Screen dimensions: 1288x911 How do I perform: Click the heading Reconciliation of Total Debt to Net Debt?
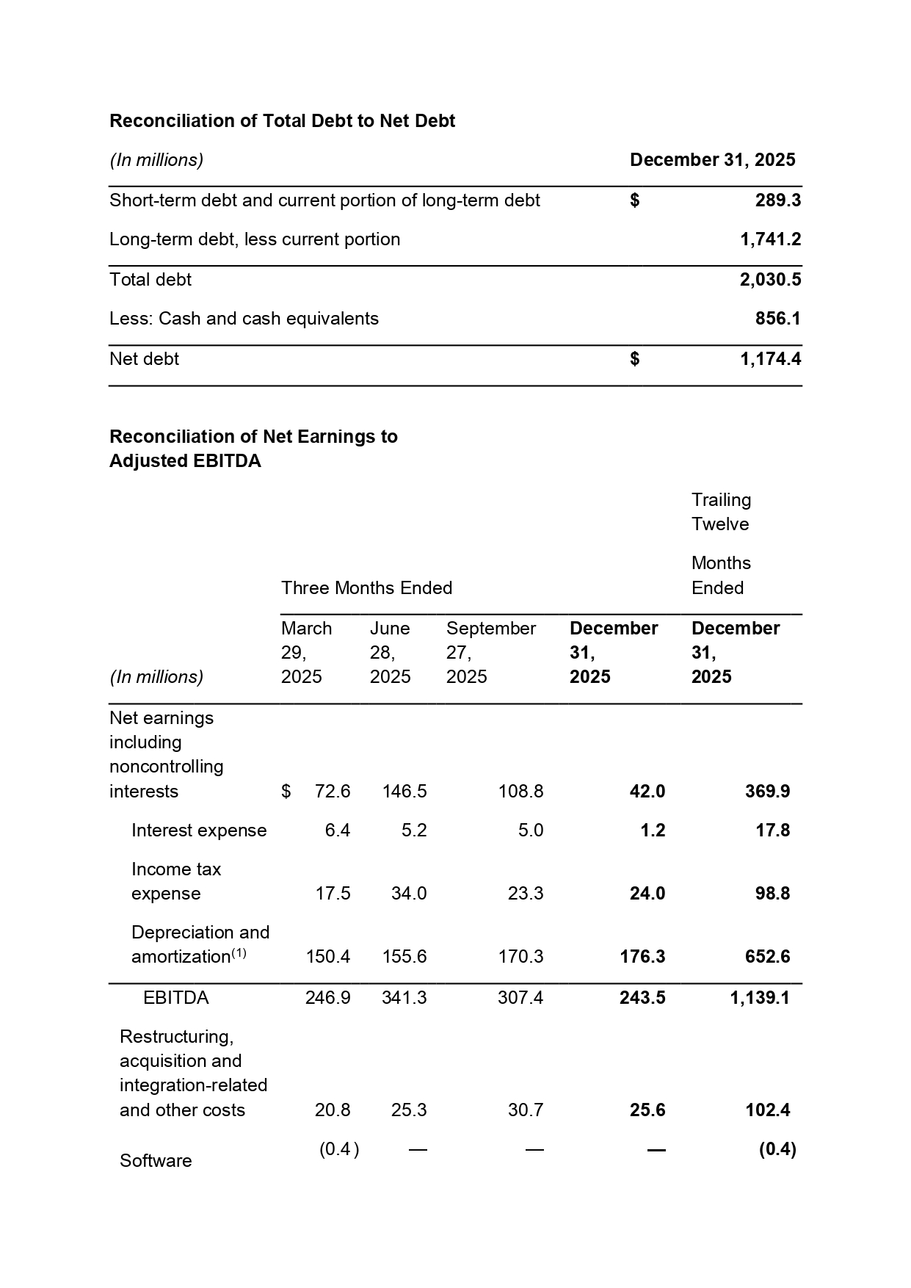point(282,121)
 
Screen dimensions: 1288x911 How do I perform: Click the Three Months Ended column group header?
point(366,588)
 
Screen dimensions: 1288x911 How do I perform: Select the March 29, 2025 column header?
point(306,652)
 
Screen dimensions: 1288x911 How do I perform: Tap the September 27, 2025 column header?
point(490,652)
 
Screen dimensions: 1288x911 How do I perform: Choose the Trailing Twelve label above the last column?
point(721,512)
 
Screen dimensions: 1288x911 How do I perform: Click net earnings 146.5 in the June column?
point(404,792)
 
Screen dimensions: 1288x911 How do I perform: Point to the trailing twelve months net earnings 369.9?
point(767,792)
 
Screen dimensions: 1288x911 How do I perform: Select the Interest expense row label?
point(199,831)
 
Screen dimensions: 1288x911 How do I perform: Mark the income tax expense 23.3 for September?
point(526,894)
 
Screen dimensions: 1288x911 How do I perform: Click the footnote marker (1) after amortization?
point(239,953)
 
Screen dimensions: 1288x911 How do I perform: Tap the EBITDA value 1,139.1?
point(760,998)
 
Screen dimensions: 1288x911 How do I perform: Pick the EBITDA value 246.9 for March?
point(327,998)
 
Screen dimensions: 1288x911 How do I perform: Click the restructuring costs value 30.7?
point(526,1110)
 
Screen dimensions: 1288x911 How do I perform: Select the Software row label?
point(156,1161)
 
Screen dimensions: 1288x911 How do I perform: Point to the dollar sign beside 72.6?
point(286,792)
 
